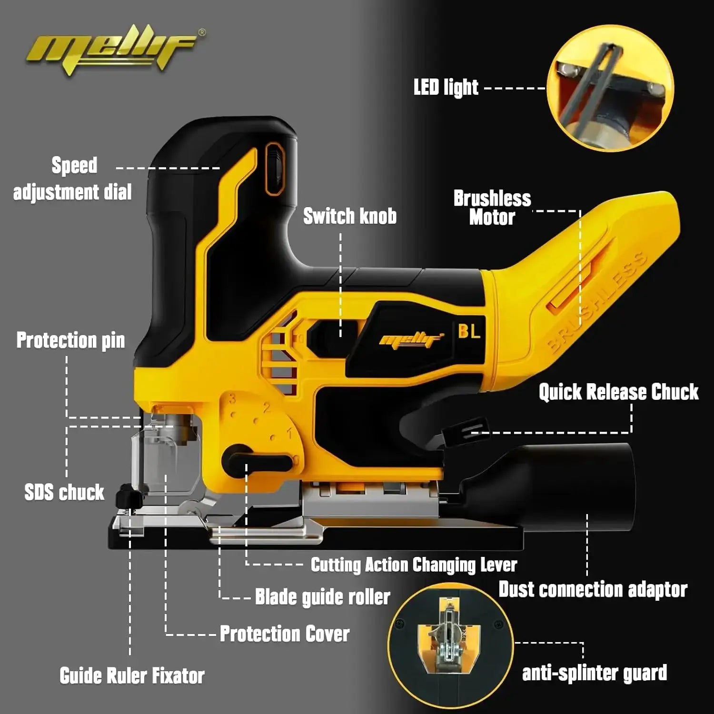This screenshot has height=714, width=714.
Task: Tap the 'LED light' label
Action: [x=446, y=88]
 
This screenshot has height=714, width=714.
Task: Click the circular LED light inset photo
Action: [x=610, y=88]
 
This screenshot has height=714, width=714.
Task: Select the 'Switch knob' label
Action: [x=350, y=216]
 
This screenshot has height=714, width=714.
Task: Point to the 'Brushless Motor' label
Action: [x=492, y=208]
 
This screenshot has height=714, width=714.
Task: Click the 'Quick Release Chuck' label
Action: [x=618, y=392]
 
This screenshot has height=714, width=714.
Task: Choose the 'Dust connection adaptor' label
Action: [x=593, y=589]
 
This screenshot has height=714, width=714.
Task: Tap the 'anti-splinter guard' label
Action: [x=595, y=673]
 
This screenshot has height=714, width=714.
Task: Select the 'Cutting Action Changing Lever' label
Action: [x=414, y=565]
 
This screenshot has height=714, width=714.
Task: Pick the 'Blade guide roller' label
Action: [x=322, y=597]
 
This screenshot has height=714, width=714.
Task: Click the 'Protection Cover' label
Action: [x=284, y=634]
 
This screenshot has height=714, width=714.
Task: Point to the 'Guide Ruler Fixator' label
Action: [x=132, y=675]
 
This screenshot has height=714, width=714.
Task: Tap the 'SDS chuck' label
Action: [x=64, y=492]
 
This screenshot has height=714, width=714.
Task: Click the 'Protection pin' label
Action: [x=70, y=340]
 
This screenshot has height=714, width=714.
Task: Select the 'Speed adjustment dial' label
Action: [x=72, y=179]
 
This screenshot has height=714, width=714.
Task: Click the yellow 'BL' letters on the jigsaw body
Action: [x=469, y=331]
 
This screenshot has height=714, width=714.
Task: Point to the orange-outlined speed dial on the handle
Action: [x=275, y=169]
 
